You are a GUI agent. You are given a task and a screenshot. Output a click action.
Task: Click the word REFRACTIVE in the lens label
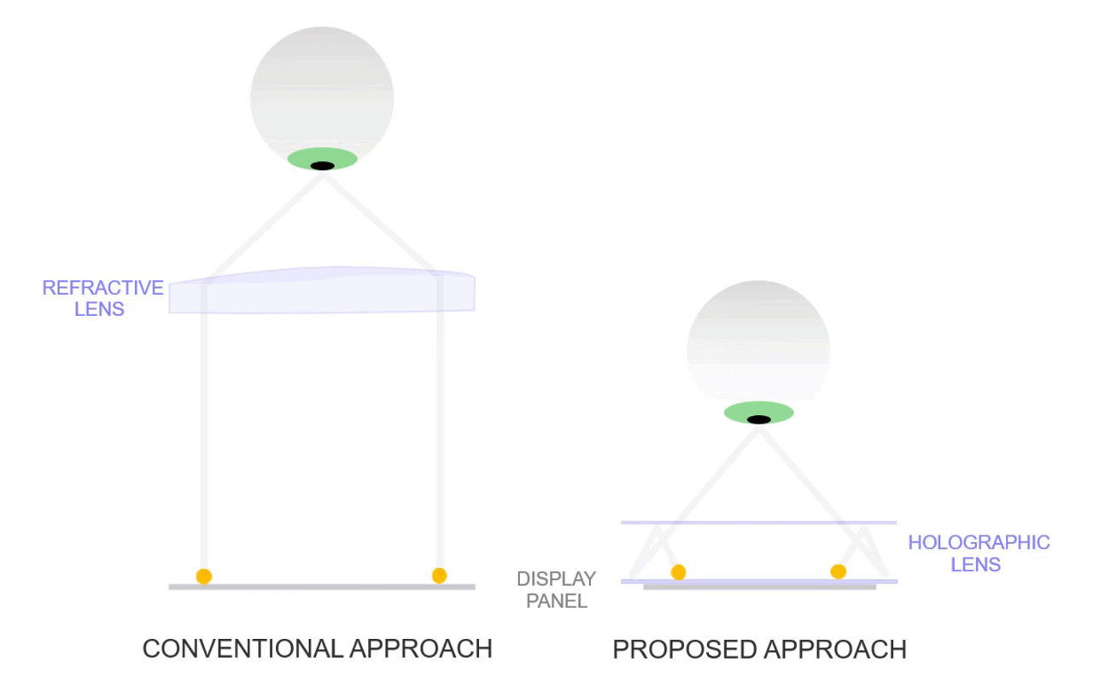tap(102, 288)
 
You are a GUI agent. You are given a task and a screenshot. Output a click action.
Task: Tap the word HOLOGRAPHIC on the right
tap(979, 542)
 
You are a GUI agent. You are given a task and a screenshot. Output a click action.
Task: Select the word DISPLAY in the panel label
tap(556, 579)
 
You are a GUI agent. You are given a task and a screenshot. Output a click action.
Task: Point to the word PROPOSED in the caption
tap(682, 650)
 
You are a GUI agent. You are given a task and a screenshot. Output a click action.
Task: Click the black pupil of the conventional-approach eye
tap(322, 166)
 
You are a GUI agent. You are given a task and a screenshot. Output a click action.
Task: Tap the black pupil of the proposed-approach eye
tap(758, 419)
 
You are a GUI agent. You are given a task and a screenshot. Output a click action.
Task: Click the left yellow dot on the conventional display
tap(203, 576)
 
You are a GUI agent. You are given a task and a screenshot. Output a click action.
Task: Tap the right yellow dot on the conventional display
tap(439, 575)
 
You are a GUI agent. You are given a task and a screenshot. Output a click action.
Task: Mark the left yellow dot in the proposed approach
tap(678, 571)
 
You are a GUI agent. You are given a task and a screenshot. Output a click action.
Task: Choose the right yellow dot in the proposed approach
tap(839, 571)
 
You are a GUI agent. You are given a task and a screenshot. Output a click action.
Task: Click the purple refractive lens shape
tap(322, 293)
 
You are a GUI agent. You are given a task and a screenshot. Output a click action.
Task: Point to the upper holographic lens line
tap(758, 522)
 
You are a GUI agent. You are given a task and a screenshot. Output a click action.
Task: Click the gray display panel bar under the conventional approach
tap(322, 587)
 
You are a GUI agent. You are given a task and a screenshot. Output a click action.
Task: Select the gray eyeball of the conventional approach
tap(322, 90)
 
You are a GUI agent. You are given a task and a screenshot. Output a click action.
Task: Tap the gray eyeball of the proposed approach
tap(758, 346)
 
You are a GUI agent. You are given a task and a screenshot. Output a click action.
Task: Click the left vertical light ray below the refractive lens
tap(203, 427)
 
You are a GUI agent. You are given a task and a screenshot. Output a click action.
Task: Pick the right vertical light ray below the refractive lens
tap(441, 427)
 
